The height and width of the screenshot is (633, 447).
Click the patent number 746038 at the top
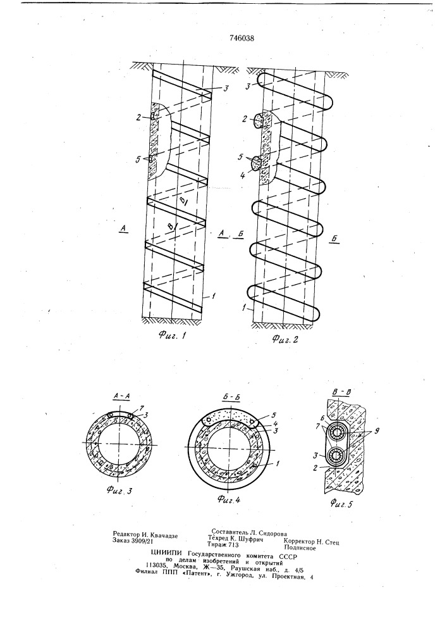pyautogui.click(x=242, y=39)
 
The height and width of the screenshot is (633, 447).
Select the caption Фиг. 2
pyautogui.click(x=285, y=339)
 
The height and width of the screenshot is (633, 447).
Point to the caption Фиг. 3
pyautogui.click(x=119, y=491)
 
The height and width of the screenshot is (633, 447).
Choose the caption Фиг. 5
pyautogui.click(x=342, y=503)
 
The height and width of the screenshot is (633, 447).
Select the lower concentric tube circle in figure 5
pyautogui.click(x=337, y=455)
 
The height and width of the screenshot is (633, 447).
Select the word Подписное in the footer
pyautogui.click(x=300, y=548)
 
